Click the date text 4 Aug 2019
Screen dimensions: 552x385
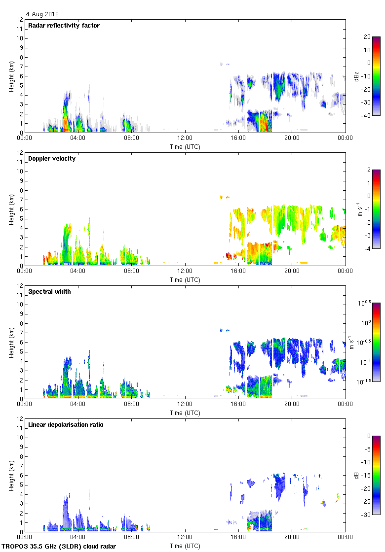42,14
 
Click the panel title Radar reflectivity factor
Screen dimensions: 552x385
64,26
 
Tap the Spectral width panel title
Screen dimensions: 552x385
49,292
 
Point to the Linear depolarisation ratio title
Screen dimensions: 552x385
66,425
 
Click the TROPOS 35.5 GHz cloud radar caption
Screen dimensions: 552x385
59,547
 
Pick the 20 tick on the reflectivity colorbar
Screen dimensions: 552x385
367,37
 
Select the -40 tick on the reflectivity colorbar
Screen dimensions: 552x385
367,115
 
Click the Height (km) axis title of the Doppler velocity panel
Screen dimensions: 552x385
11,209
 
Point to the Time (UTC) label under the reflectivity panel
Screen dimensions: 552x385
185,146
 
